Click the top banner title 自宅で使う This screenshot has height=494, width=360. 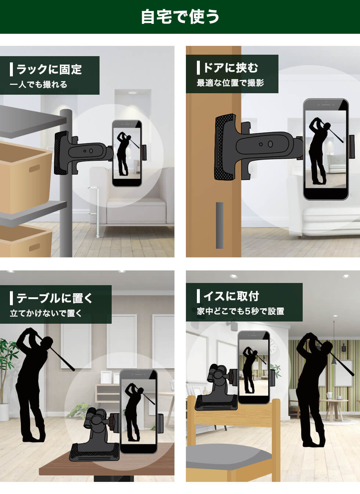180,17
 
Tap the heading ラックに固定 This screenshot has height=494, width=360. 49,69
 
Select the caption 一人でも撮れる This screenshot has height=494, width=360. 39,85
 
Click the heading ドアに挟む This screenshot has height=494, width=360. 231,68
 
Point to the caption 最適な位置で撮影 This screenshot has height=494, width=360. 230,83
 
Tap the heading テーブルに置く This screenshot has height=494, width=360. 55,298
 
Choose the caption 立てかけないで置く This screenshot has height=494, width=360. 46,313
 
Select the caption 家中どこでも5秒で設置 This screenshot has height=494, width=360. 241,312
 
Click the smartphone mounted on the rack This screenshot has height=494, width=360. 127,153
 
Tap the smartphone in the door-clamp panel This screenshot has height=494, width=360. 325,149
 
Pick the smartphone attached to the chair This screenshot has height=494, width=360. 253,367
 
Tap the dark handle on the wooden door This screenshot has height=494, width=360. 219,225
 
